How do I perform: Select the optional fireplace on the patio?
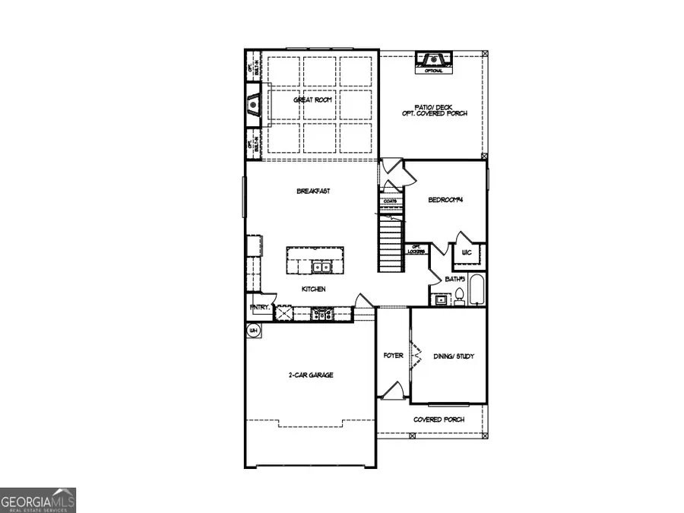pyautogui.click(x=433, y=61)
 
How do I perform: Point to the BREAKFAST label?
pyautogui.click(x=313, y=192)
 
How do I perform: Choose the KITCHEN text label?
pyautogui.click(x=313, y=290)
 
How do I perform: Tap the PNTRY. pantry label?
pyautogui.click(x=258, y=308)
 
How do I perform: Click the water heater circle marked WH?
pyautogui.click(x=254, y=330)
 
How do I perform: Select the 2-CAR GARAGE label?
pyautogui.click(x=310, y=375)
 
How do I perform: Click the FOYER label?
pyautogui.click(x=393, y=354)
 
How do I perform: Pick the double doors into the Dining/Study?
pyautogui.click(x=414, y=355)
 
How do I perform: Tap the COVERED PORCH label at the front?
pyautogui.click(x=439, y=420)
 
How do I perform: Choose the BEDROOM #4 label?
pyautogui.click(x=445, y=200)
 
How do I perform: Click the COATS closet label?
pyautogui.click(x=391, y=201)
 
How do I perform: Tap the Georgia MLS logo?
pyautogui.click(x=38, y=500)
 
